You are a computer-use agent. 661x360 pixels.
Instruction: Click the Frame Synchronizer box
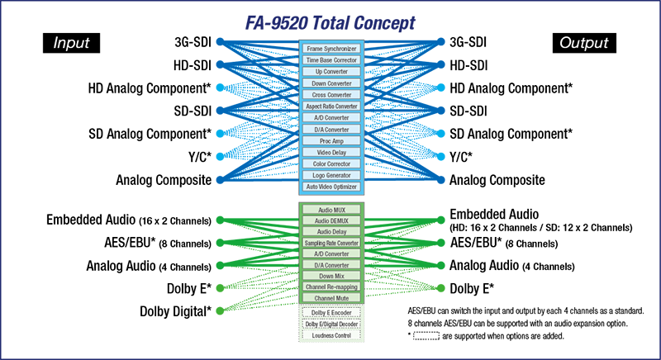tap(331, 50)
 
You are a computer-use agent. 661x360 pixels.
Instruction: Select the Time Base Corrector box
tap(331, 61)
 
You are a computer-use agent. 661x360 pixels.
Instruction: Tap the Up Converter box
tap(331, 73)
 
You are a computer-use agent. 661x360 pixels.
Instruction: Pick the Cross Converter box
tap(331, 95)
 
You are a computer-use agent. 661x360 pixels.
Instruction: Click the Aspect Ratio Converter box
tap(331, 107)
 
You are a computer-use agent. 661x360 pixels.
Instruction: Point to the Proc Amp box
tap(331, 141)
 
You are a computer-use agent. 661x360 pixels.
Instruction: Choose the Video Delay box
tap(331, 153)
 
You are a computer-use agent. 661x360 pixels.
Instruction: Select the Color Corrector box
tap(331, 164)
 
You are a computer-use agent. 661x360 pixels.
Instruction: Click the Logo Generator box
tap(331, 176)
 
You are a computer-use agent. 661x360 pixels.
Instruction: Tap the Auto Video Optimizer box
tap(331, 187)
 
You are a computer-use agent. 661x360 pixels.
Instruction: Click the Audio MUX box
tap(331, 211)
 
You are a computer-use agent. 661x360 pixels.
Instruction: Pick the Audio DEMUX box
tap(331, 222)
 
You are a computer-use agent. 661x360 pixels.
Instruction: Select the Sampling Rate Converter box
tap(331, 244)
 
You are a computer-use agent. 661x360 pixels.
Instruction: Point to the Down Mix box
tap(331, 276)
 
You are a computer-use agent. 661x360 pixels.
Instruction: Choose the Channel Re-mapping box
tap(331, 287)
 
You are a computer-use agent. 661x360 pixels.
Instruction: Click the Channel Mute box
tap(331, 297)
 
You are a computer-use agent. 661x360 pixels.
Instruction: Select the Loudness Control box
tap(331, 336)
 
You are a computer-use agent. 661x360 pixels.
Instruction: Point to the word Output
tap(583, 43)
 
